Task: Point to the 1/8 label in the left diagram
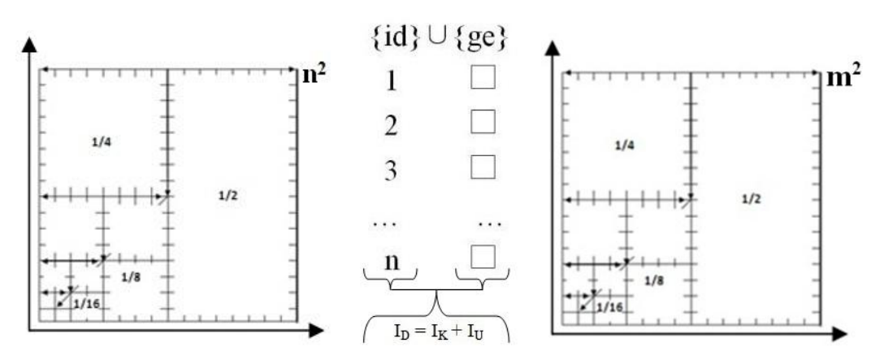point(131,277)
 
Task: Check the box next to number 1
point(483,80)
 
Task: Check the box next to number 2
point(483,124)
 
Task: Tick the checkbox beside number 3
point(483,167)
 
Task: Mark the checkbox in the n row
point(483,256)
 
